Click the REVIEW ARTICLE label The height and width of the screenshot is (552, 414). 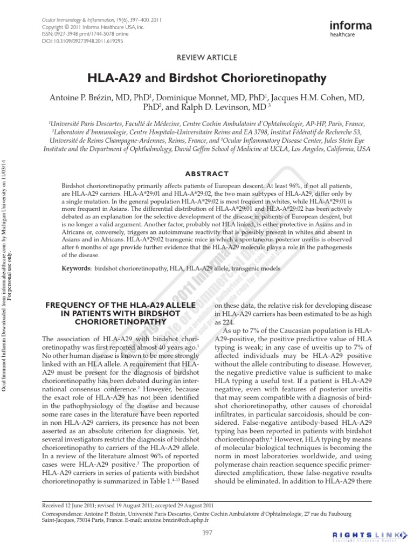click(x=207, y=57)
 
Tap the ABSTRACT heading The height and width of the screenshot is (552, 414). click(x=207, y=174)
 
